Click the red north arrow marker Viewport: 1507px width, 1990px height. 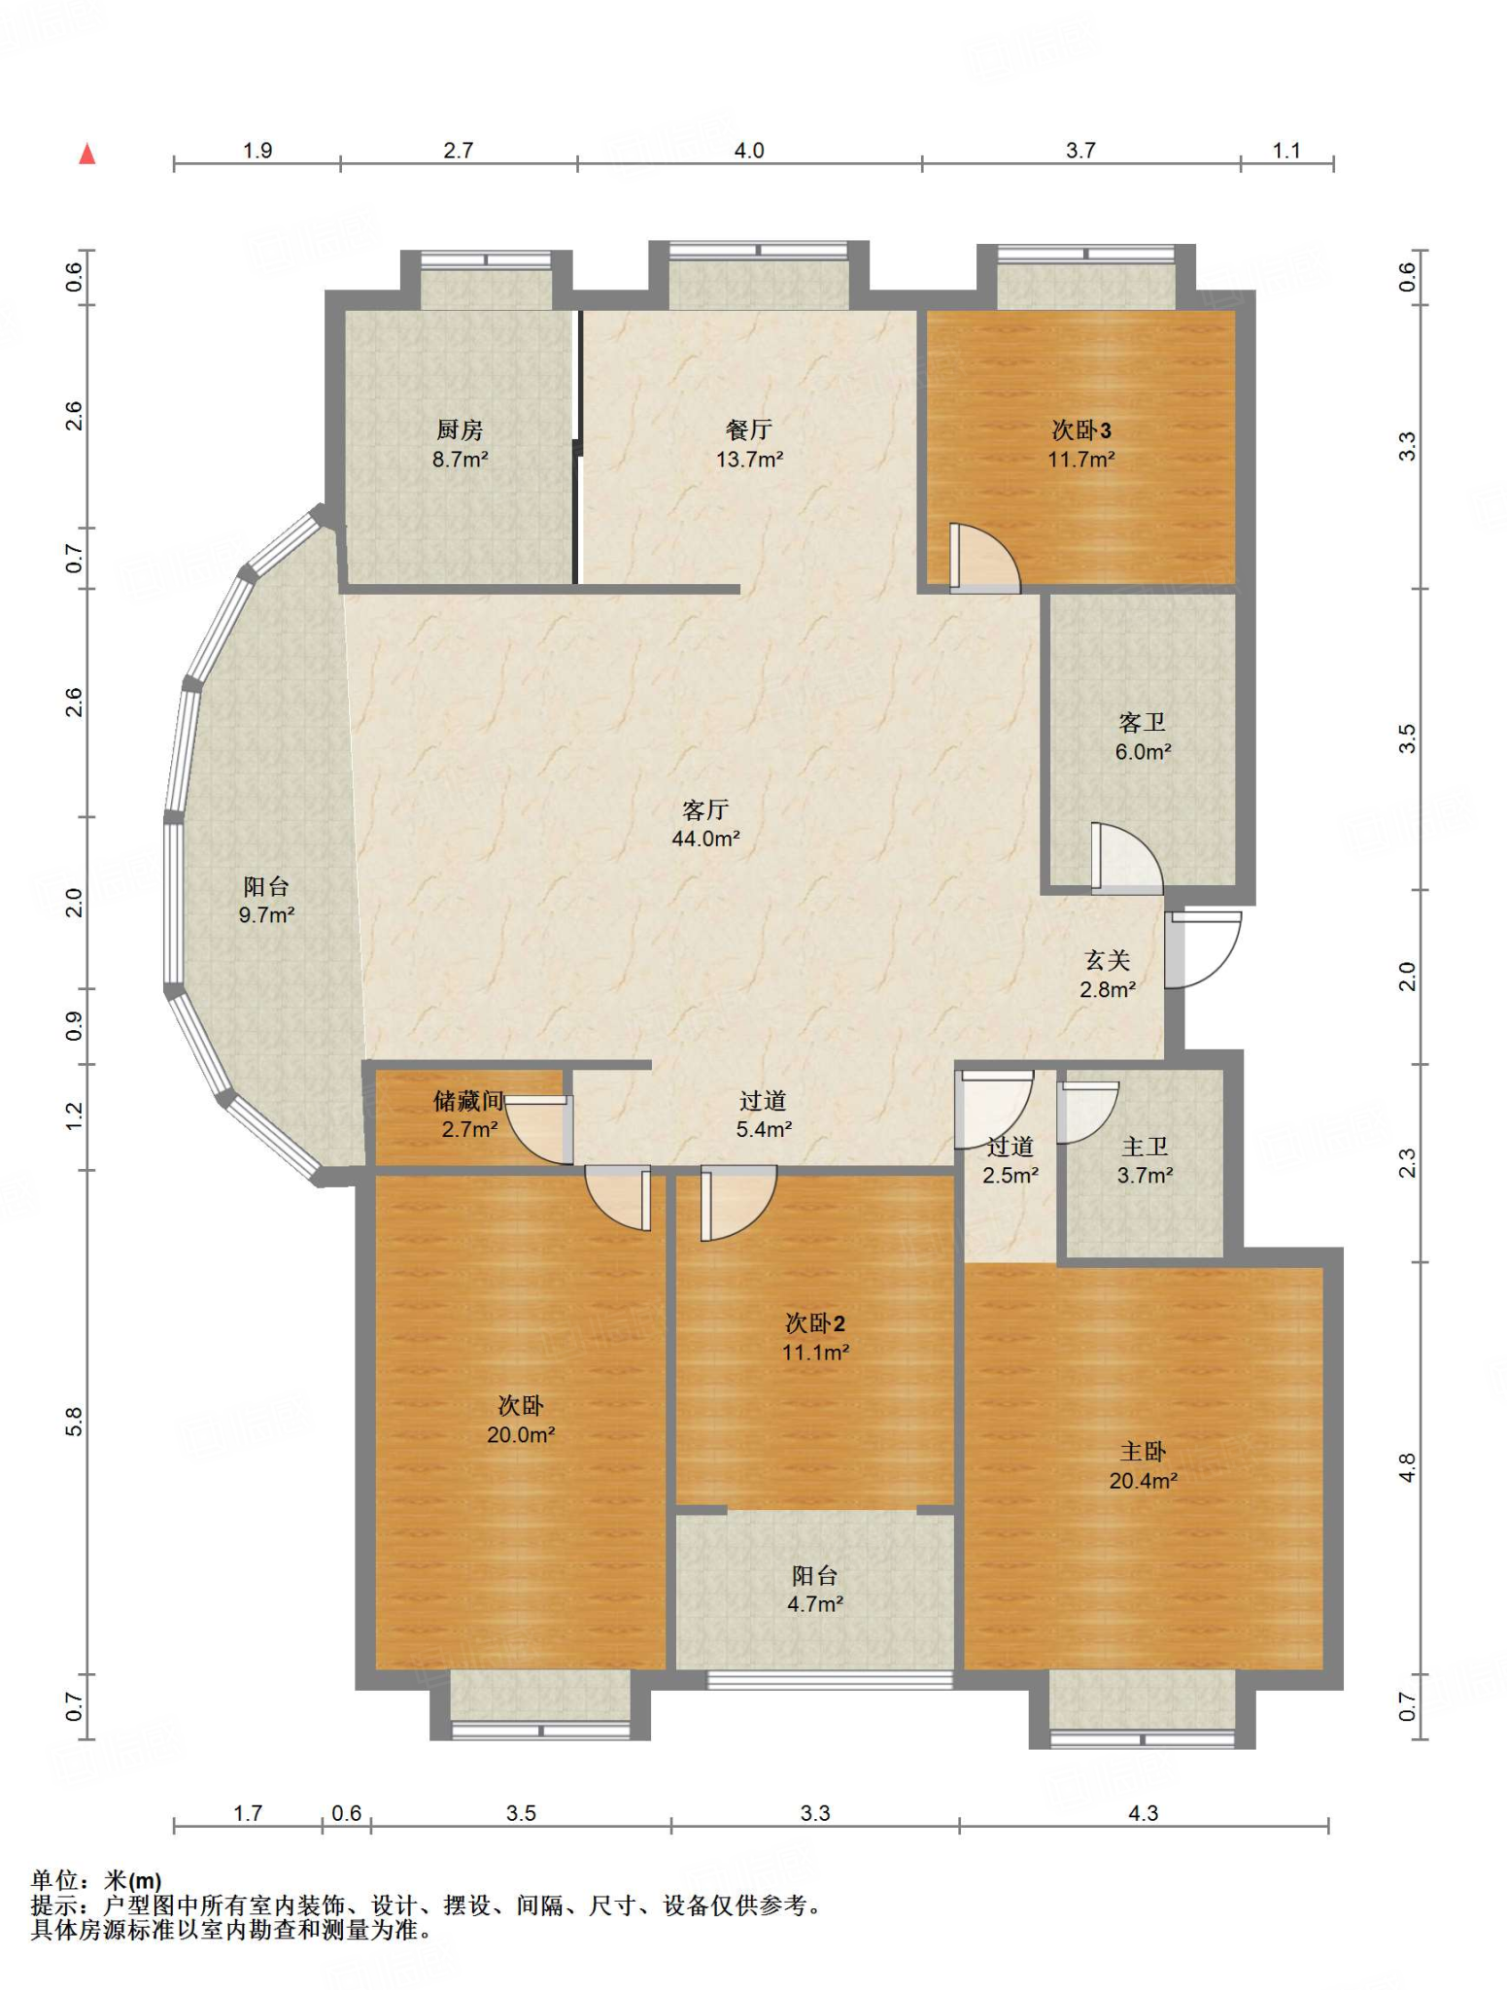point(87,154)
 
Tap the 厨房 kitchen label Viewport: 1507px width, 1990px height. point(460,429)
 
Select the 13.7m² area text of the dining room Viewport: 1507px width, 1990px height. point(749,460)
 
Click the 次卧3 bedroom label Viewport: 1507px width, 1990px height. point(1081,429)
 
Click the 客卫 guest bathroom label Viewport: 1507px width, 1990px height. point(1142,722)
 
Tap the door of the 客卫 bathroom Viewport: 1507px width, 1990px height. point(1126,859)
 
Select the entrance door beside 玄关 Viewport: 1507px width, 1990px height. point(1203,949)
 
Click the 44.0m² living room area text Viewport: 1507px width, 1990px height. point(705,839)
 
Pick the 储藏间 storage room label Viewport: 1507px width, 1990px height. point(468,1100)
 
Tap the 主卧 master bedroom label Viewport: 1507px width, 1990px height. point(1143,1452)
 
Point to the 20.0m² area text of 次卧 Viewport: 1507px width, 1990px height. point(521,1435)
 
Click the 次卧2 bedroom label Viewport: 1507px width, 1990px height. point(815,1323)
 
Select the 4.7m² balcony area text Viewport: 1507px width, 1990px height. point(815,1604)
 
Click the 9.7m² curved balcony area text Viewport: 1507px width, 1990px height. point(266,914)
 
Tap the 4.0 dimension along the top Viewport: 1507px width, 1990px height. point(749,151)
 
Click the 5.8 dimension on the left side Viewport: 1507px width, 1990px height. point(74,1421)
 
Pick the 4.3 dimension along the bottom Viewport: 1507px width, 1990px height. point(1144,1813)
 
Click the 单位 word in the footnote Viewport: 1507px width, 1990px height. point(55,1880)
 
